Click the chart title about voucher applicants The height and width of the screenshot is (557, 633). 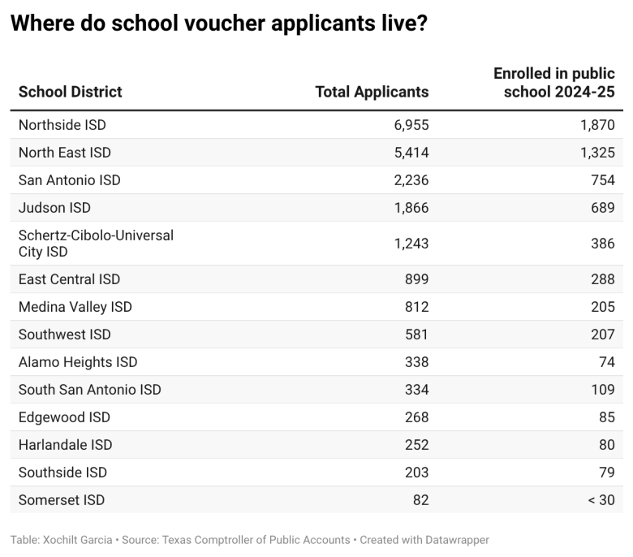(x=218, y=24)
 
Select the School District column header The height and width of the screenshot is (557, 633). (x=71, y=92)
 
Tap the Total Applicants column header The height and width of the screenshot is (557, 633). (x=372, y=92)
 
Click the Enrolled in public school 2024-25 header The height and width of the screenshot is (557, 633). (x=554, y=83)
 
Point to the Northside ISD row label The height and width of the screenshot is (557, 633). (x=62, y=125)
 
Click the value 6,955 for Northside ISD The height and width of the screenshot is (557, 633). (x=411, y=125)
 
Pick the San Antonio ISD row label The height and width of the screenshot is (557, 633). (x=69, y=180)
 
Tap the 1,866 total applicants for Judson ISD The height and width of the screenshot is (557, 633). (x=411, y=208)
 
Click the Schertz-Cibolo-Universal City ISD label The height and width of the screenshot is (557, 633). (x=96, y=244)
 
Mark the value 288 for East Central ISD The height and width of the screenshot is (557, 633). (x=602, y=279)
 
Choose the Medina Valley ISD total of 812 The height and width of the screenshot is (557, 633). (x=416, y=307)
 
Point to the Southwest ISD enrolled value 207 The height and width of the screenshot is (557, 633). (x=602, y=335)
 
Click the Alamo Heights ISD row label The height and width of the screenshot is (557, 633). (x=78, y=362)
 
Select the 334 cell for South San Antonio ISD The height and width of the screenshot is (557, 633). (x=416, y=390)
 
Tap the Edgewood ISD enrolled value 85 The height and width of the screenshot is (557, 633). (x=605, y=417)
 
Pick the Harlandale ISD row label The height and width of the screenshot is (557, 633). (x=65, y=445)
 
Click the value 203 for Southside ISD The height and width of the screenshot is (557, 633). (x=416, y=473)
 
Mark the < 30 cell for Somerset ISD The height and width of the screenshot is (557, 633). (x=601, y=500)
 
